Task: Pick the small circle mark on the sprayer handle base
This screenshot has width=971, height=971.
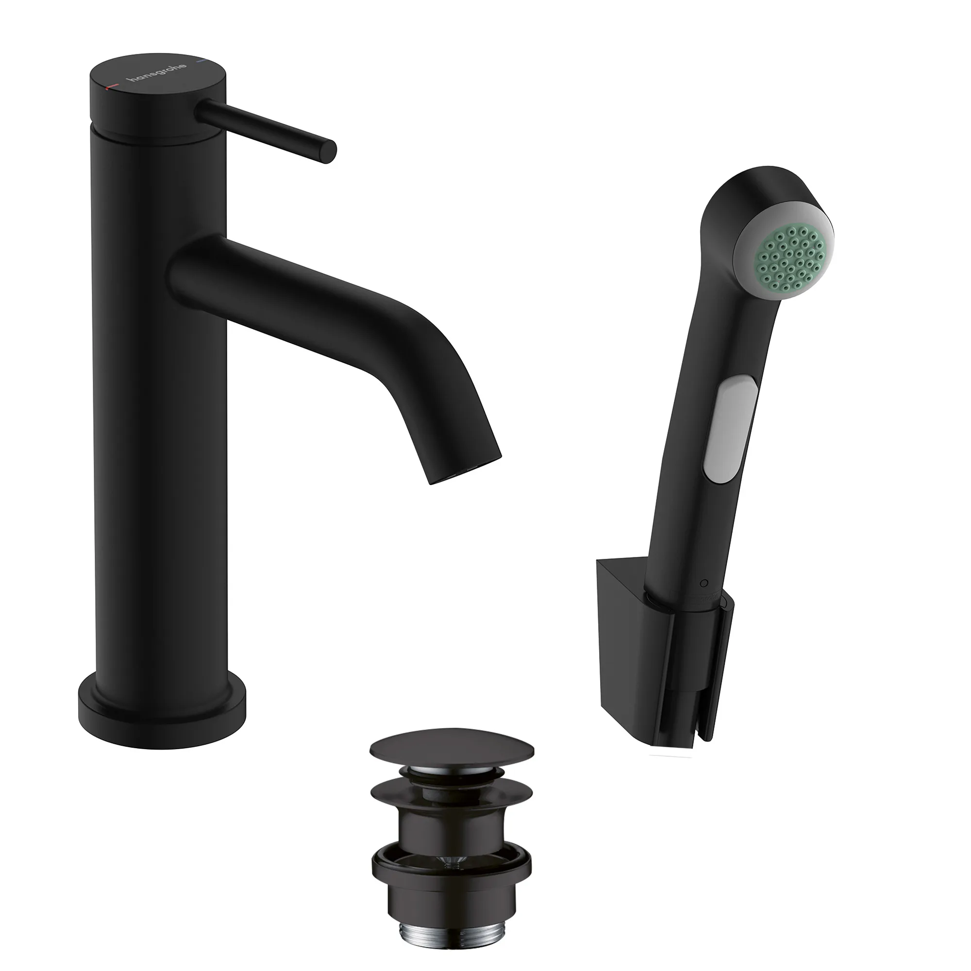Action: click(x=703, y=583)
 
